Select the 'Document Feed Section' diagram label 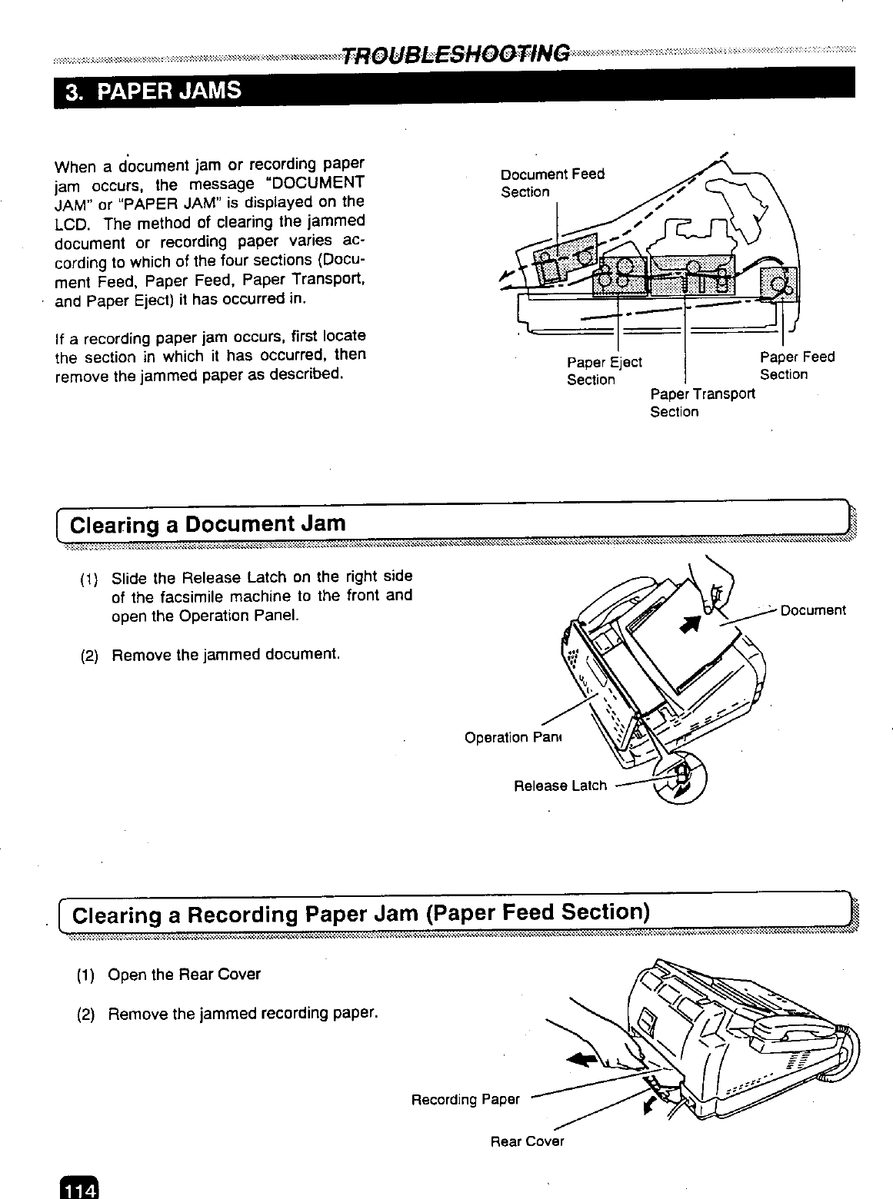(551, 183)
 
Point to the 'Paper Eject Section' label (603, 370)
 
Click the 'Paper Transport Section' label (701, 403)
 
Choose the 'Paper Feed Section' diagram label (796, 366)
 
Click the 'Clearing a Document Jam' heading (208, 525)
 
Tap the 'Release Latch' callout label (559, 785)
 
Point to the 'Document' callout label (812, 610)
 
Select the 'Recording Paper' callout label (465, 1100)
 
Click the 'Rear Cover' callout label (527, 1141)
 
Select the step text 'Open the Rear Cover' (184, 975)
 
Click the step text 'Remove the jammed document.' (225, 655)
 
